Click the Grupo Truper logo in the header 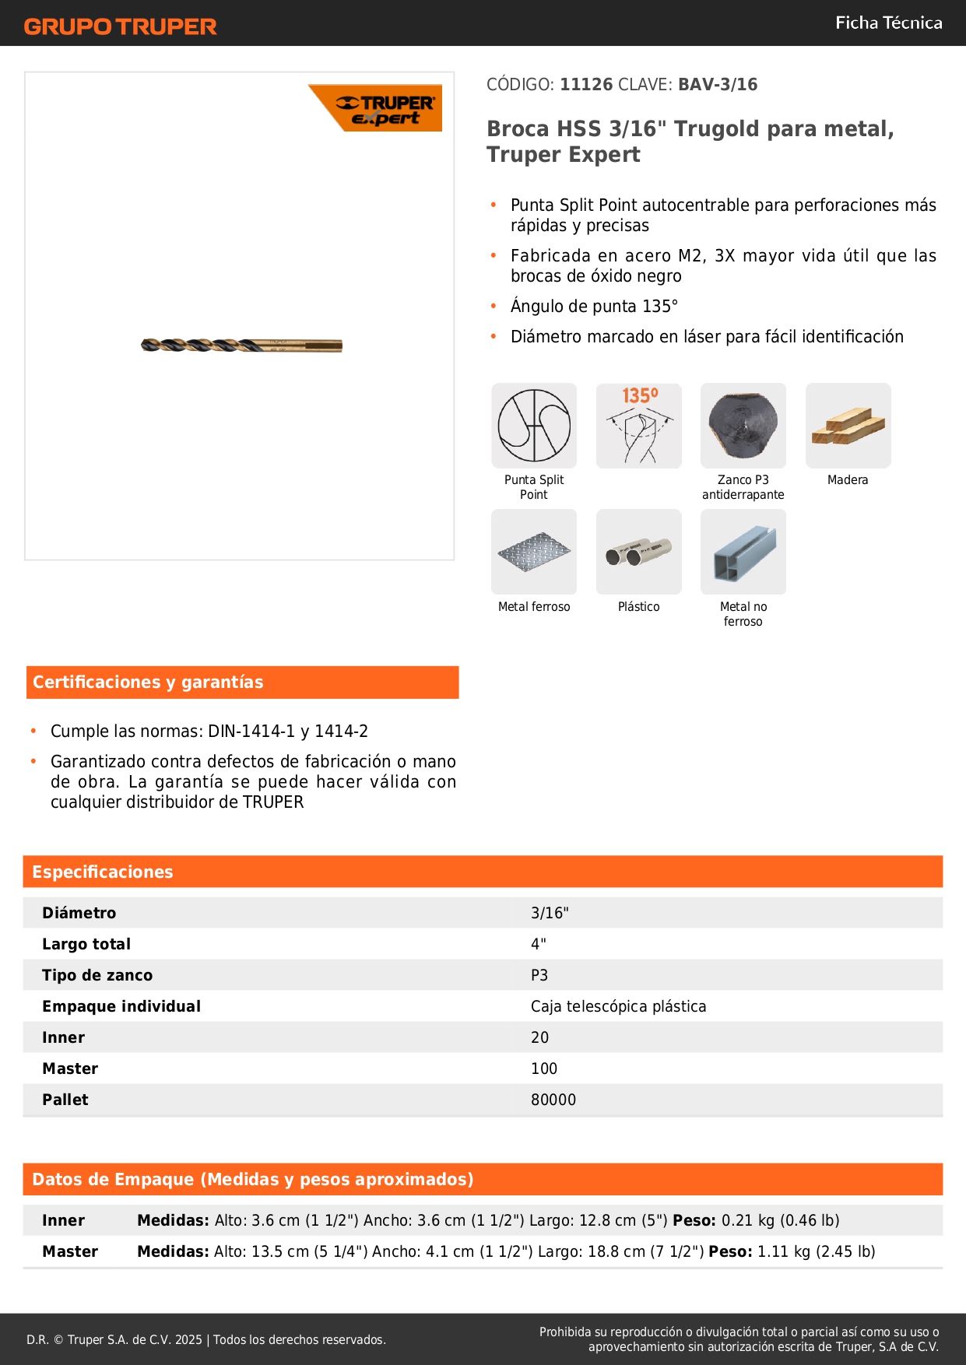120,26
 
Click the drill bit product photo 241,345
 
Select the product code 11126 586,85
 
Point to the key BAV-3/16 718,85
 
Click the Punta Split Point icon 534,426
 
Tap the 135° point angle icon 638,426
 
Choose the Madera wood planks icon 848,426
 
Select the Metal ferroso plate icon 534,552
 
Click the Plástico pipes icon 638,552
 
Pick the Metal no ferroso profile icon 743,552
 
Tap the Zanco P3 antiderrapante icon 743,426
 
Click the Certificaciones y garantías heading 148,682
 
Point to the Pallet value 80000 553,1100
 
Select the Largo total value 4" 539,944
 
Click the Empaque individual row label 121,1006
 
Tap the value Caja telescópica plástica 618,1006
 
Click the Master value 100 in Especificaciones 544,1068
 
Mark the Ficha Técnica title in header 888,23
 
